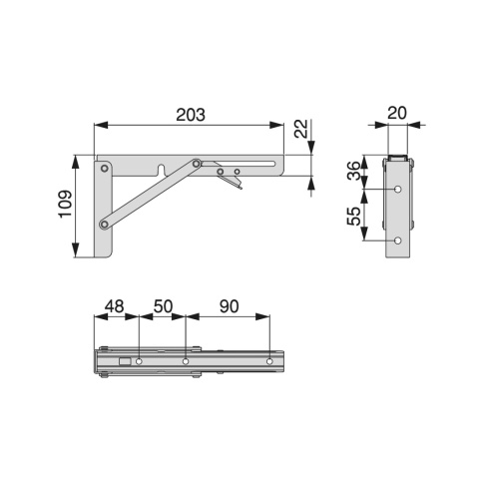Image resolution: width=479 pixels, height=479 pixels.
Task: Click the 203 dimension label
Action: coord(191,115)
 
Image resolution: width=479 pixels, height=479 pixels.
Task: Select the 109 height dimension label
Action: coord(65,204)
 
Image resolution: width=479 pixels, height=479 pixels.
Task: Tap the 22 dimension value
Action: coord(301,129)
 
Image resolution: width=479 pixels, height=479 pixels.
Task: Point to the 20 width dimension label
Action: coord(397,113)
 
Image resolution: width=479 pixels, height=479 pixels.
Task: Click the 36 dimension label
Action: coord(353,171)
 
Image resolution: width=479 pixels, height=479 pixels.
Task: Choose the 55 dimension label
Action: coord(353,217)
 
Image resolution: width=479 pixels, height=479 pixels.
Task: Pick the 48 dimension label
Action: coord(115,306)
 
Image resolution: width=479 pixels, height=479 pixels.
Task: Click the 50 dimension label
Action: coord(163,306)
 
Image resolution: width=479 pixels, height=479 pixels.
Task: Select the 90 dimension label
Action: coord(229,306)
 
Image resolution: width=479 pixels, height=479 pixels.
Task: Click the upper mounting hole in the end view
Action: coord(398,190)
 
